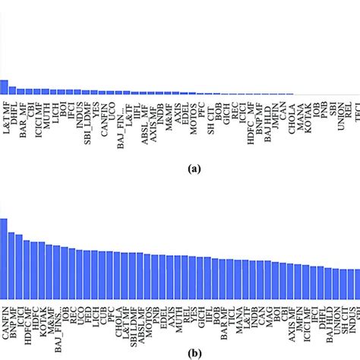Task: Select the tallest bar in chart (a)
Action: click(x=4, y=87)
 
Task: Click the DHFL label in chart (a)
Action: click(x=16, y=110)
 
